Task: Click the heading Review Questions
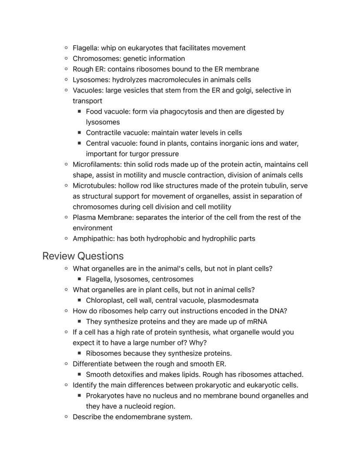(x=83, y=256)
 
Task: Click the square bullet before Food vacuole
(x=80, y=112)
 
